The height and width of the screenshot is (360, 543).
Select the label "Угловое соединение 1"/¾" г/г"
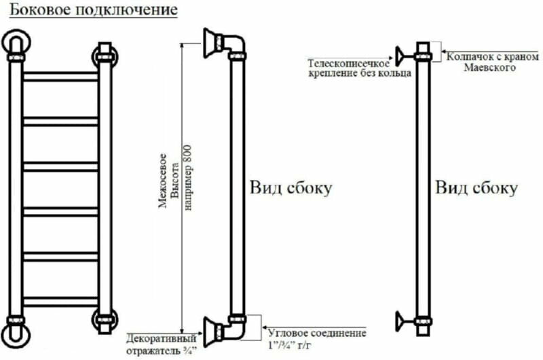[317, 339]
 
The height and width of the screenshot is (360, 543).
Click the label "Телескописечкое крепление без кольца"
[359, 67]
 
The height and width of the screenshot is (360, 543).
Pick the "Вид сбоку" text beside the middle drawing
[292, 188]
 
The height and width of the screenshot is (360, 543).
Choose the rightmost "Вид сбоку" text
[476, 188]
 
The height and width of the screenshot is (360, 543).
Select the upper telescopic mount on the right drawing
[405, 53]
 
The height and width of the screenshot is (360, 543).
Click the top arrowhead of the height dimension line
[181, 45]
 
